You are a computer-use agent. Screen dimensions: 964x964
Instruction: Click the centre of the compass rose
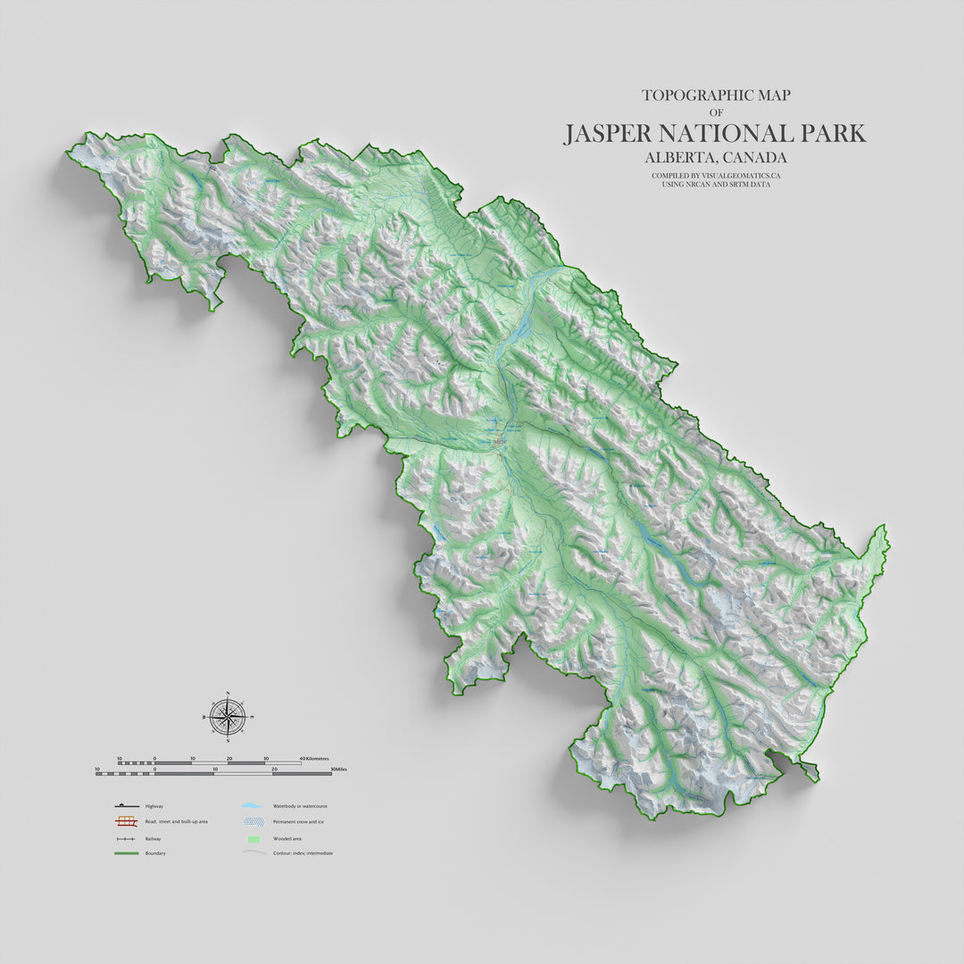229,717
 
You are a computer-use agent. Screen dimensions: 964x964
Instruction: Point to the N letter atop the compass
229,694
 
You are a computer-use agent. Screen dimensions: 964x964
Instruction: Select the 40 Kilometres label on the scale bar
313,759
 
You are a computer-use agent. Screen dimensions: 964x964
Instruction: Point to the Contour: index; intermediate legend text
303,853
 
